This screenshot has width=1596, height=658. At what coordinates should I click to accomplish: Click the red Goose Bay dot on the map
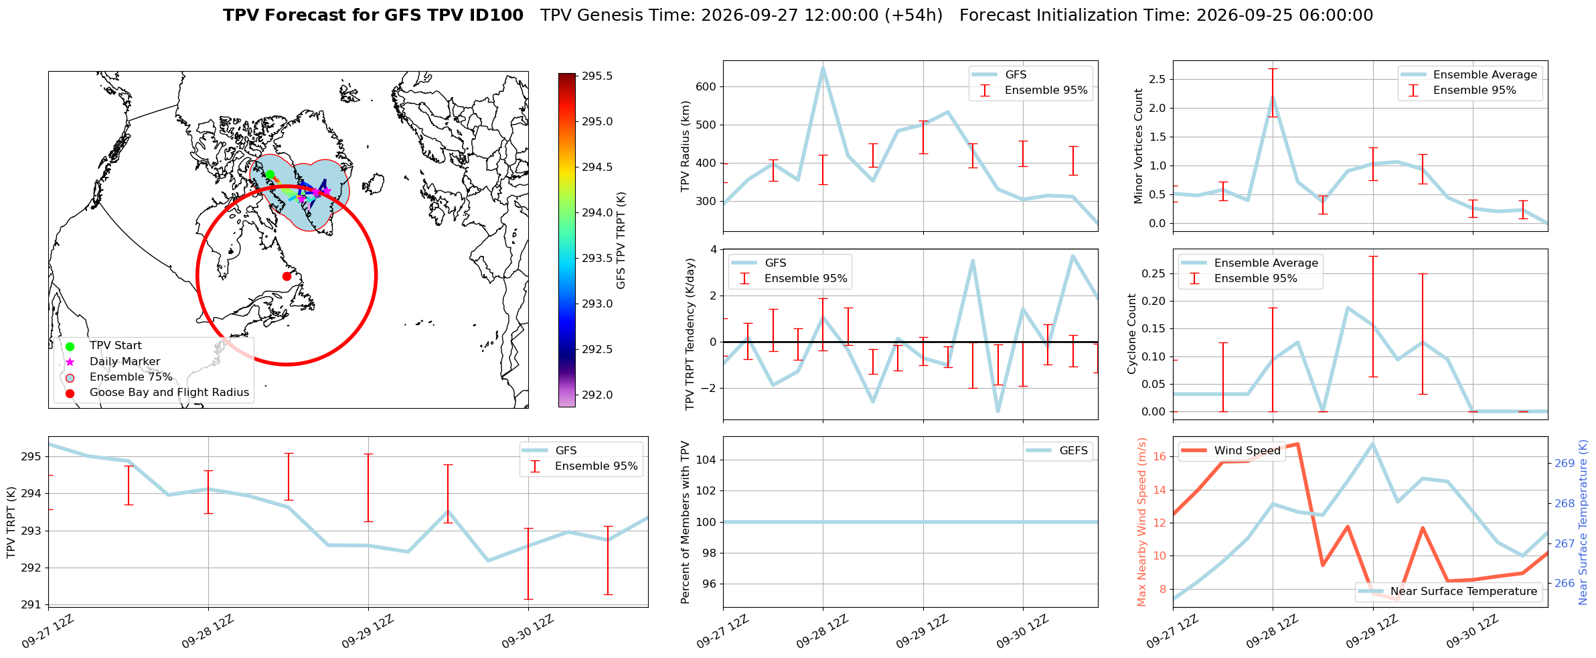[x=287, y=276]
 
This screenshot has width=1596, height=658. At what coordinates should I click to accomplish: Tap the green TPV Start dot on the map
[x=270, y=174]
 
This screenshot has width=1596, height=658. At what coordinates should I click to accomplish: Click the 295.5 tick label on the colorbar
[x=597, y=76]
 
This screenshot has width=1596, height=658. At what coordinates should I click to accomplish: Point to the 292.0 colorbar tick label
[x=597, y=395]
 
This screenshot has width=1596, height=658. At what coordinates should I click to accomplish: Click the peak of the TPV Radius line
[x=823, y=67]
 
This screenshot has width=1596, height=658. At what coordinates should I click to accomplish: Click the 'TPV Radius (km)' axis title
[x=686, y=146]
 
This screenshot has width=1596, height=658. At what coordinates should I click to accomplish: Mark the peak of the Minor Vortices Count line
[x=1273, y=96]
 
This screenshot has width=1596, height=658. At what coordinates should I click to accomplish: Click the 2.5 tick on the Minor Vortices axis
[x=1157, y=79]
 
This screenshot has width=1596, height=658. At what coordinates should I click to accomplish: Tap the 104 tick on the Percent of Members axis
[x=707, y=460]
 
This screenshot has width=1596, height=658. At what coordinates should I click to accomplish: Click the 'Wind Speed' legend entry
[x=1230, y=451]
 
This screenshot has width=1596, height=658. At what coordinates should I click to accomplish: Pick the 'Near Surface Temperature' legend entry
[x=1448, y=592]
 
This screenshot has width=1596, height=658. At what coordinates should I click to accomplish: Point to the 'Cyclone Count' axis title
[x=1132, y=334]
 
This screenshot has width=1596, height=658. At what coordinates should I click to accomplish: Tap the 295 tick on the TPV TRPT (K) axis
[x=31, y=457]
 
